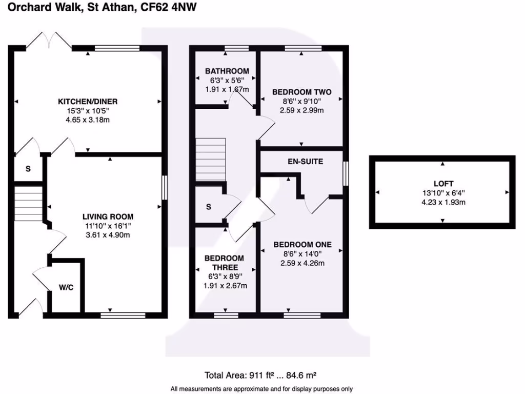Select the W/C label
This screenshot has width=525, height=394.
[66, 287]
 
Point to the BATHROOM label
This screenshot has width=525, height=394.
[227, 71]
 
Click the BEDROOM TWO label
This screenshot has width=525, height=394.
[301, 92]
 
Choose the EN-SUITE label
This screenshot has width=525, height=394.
[305, 162]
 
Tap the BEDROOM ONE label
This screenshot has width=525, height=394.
[302, 244]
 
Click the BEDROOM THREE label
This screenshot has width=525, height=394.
[224, 263]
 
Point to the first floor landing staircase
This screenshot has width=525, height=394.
[210, 160]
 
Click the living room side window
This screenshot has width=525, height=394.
[164, 187]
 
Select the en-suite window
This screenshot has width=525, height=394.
[346, 173]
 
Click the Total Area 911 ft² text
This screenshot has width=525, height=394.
[263, 376]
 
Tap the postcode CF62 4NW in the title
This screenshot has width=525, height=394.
[169, 7]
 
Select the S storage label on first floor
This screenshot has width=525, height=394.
[208, 207]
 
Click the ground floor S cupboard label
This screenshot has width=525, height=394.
[28, 169]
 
